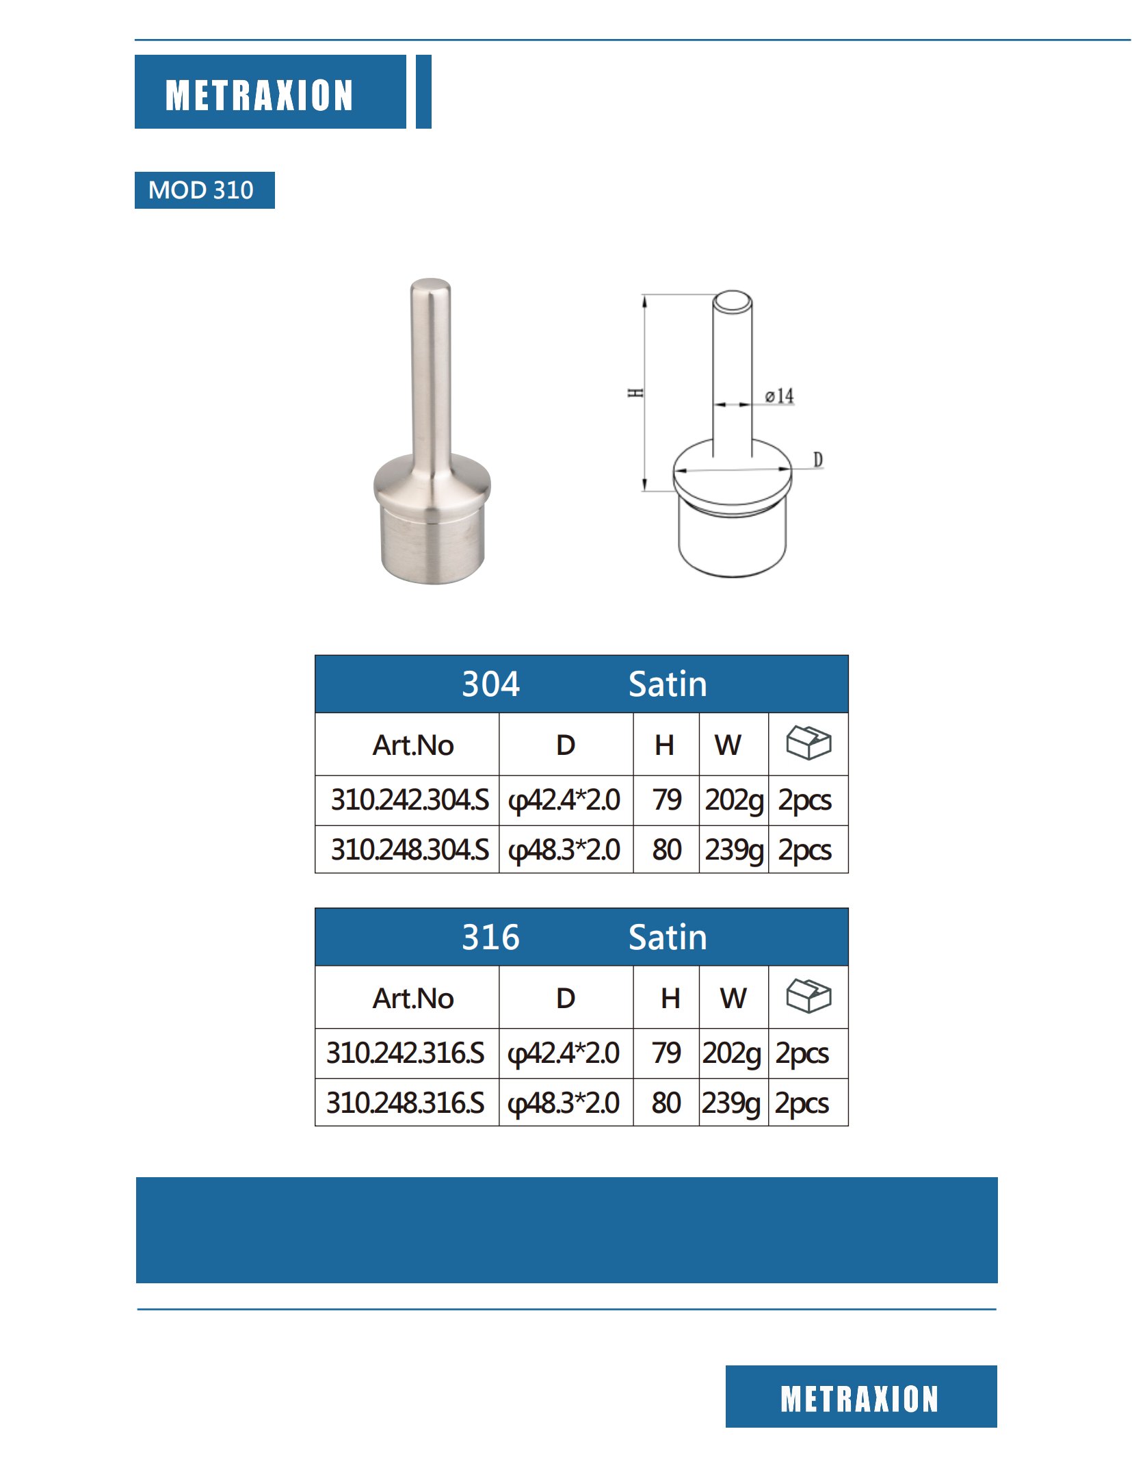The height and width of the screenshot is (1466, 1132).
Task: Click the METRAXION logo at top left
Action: [259, 94]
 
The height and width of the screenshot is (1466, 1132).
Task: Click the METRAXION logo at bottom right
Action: [860, 1398]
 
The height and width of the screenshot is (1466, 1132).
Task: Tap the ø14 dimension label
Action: [779, 396]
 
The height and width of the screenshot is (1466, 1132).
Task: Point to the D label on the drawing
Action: [817, 459]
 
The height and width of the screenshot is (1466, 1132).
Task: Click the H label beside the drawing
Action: [635, 393]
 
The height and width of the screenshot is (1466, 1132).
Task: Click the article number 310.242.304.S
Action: [409, 799]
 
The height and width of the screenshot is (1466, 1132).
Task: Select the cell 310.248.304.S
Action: [409, 849]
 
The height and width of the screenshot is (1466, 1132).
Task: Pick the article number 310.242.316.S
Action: [405, 1053]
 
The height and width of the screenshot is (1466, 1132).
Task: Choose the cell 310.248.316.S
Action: [405, 1103]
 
